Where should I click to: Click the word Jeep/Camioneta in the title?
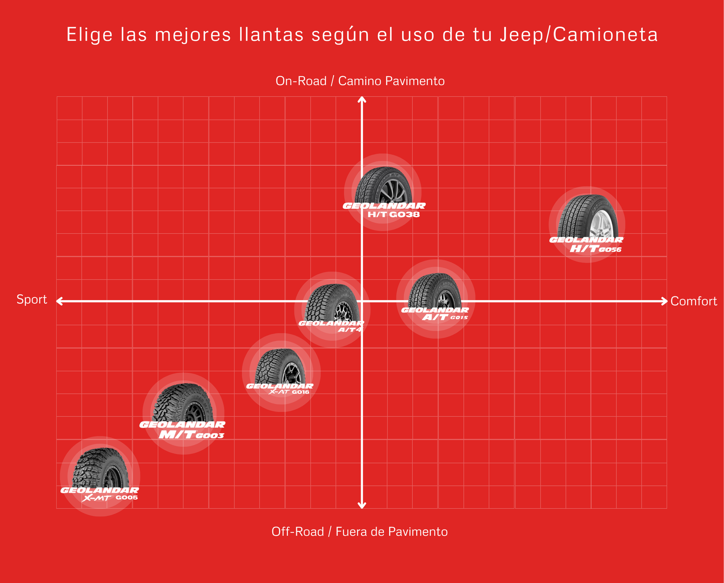(x=579, y=35)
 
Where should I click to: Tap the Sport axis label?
(x=32, y=300)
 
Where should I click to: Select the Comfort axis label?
(x=693, y=301)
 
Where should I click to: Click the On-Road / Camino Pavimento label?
(x=360, y=81)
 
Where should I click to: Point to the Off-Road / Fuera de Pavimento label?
(x=360, y=532)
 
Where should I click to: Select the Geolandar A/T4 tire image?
(x=333, y=302)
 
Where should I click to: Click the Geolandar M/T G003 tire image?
(x=183, y=402)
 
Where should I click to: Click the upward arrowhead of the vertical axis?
(x=362, y=99)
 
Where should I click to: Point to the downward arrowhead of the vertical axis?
(x=362, y=506)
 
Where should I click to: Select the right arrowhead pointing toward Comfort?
(x=664, y=301)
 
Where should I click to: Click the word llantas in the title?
(x=271, y=35)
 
